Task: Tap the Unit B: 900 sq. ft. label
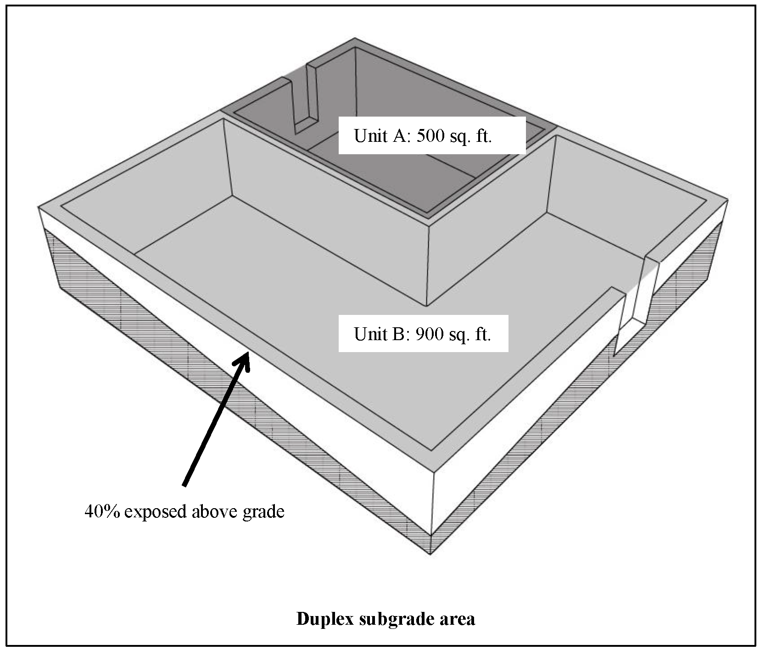423,334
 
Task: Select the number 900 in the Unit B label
430,334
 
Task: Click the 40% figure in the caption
102,511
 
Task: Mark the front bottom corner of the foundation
430,554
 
